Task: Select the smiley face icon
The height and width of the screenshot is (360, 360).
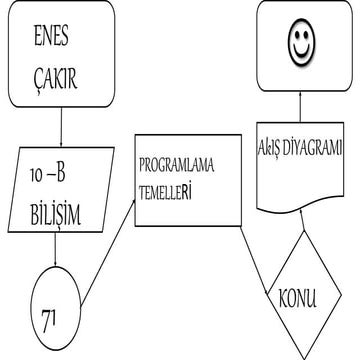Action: pos(299,45)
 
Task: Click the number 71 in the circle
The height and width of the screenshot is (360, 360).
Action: pos(48,318)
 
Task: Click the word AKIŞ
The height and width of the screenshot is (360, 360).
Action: pos(273,148)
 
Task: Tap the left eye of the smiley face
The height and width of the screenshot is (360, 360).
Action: pos(293,40)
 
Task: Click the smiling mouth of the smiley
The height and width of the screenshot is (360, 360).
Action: pos(299,53)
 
